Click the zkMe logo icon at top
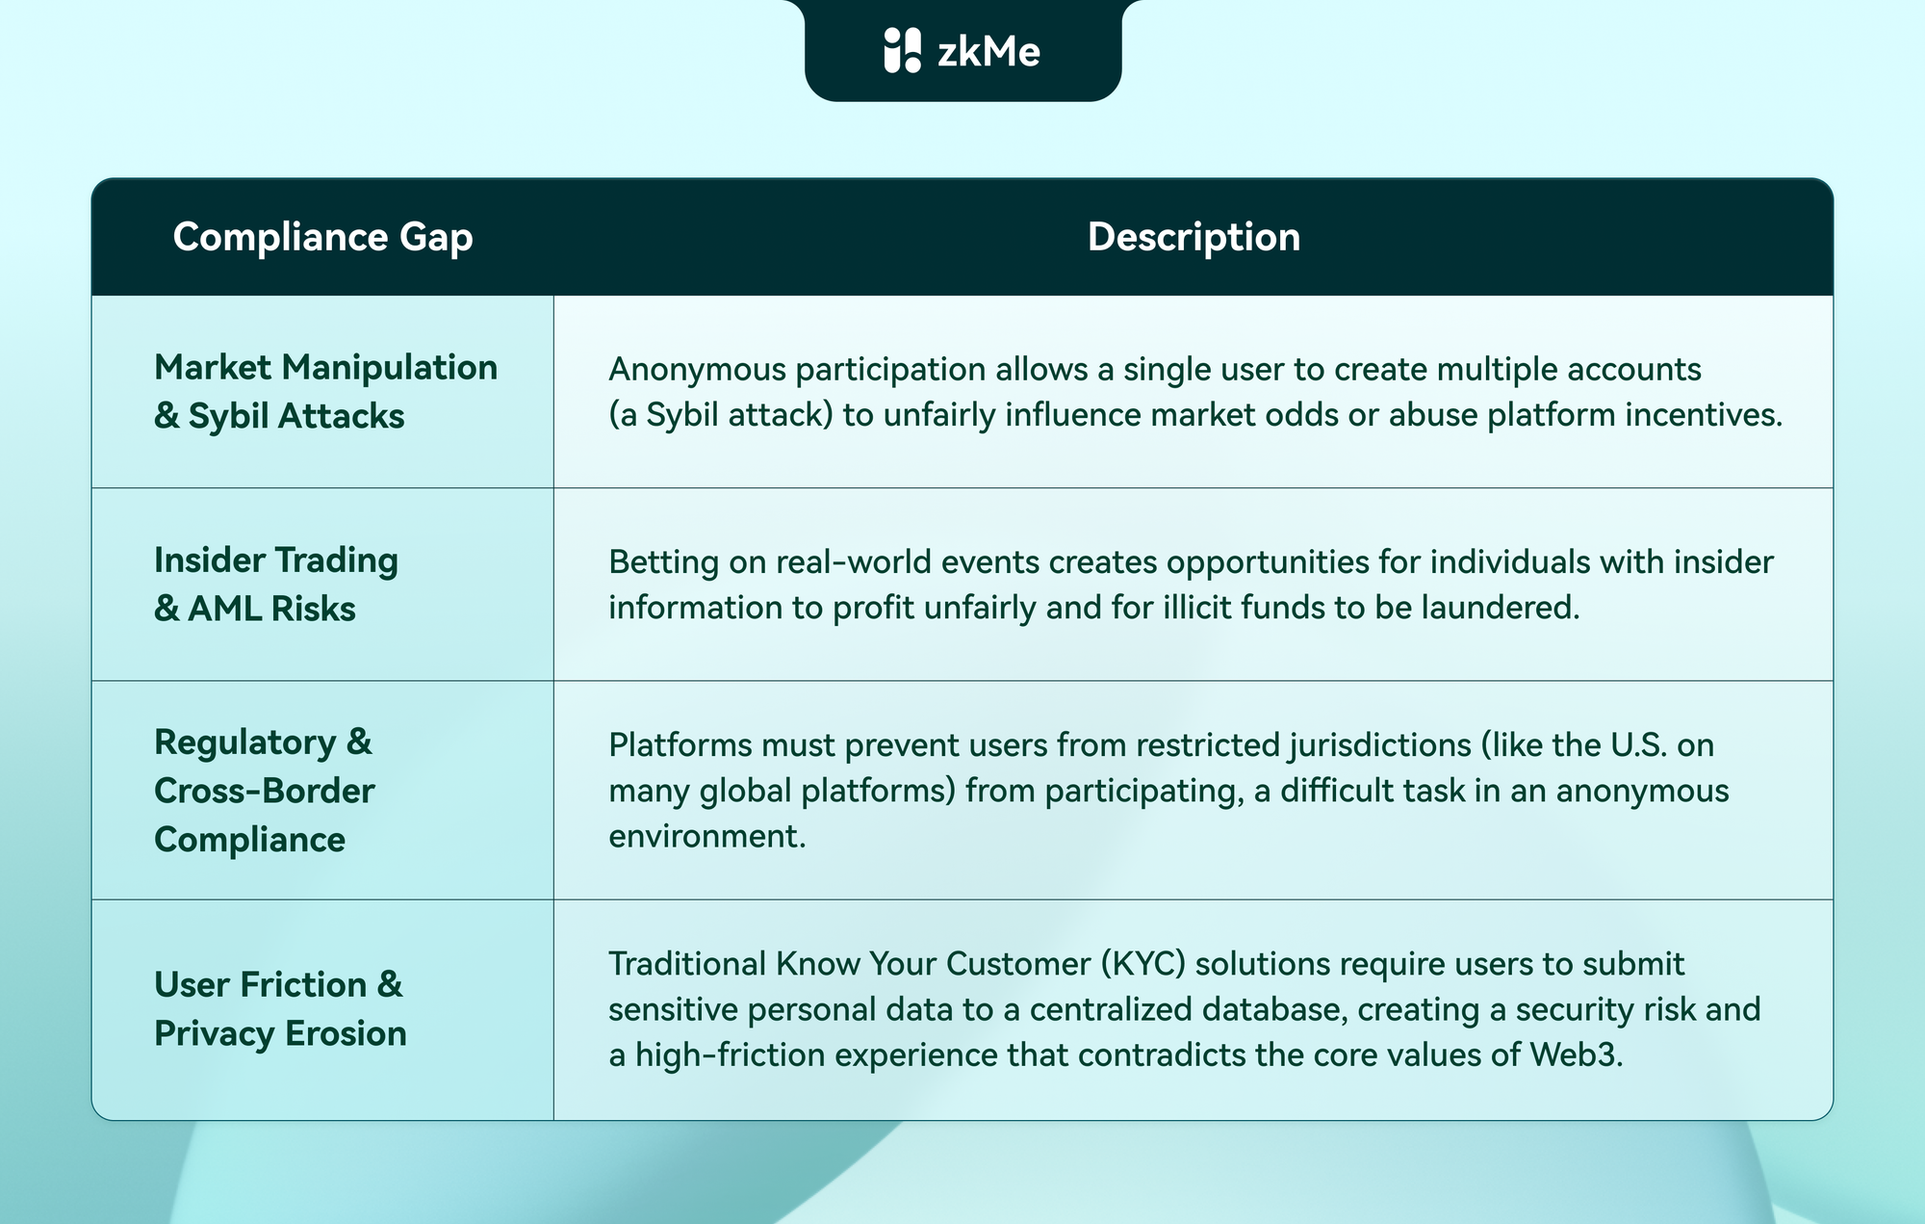[902, 50]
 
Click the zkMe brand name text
[988, 51]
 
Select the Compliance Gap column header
[322, 237]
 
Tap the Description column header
[1193, 237]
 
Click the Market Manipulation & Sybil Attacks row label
[325, 391]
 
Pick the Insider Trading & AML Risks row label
[276, 584]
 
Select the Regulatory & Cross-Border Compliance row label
[264, 791]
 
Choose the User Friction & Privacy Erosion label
[279, 1008]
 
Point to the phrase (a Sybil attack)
[720, 415]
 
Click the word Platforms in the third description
[680, 744]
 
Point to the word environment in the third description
[706, 836]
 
